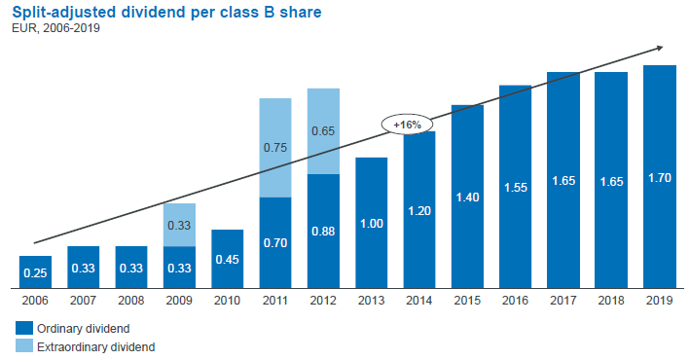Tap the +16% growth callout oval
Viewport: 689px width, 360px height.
click(407, 125)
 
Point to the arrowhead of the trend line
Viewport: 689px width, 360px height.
click(661, 47)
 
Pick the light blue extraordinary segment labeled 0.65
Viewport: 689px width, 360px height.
click(323, 131)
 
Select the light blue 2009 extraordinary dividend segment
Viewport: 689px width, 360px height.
click(179, 225)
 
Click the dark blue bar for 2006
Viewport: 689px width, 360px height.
click(35, 271)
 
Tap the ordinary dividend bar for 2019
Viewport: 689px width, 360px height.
click(659, 176)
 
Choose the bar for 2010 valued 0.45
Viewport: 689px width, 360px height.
click(227, 259)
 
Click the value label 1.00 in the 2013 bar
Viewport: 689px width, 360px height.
click(371, 223)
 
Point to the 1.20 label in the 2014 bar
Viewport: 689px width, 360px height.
click(419, 209)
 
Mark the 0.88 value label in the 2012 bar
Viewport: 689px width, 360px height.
click(323, 232)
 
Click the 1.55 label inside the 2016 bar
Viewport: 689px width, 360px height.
click(515, 187)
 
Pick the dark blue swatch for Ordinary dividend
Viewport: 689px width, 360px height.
click(23, 328)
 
